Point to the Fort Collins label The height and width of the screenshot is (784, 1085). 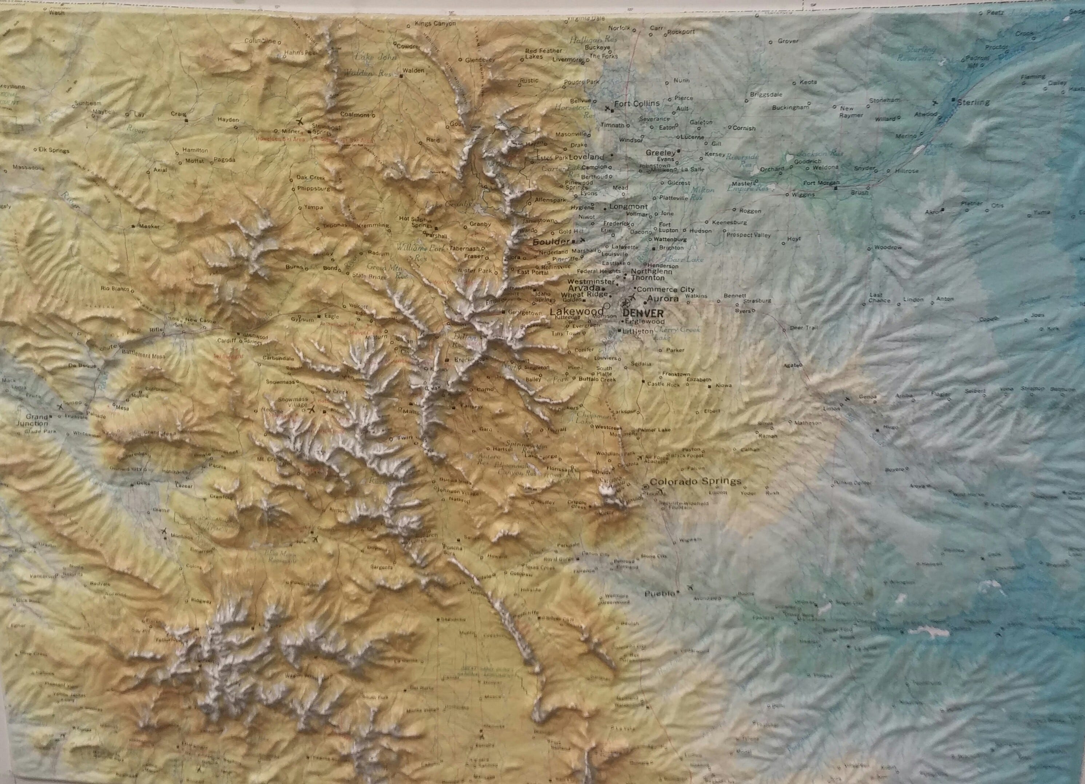pyautogui.click(x=636, y=103)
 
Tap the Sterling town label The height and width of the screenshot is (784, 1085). pyautogui.click(x=974, y=102)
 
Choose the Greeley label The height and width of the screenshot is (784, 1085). pyautogui.click(x=660, y=153)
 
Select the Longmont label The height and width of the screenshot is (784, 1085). pyautogui.click(x=628, y=207)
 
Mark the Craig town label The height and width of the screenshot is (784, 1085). pyautogui.click(x=178, y=114)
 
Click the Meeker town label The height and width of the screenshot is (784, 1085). pyautogui.click(x=149, y=226)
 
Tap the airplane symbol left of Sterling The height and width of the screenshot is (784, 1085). pyautogui.click(x=935, y=102)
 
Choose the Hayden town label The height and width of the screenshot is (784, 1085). pyautogui.click(x=228, y=120)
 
